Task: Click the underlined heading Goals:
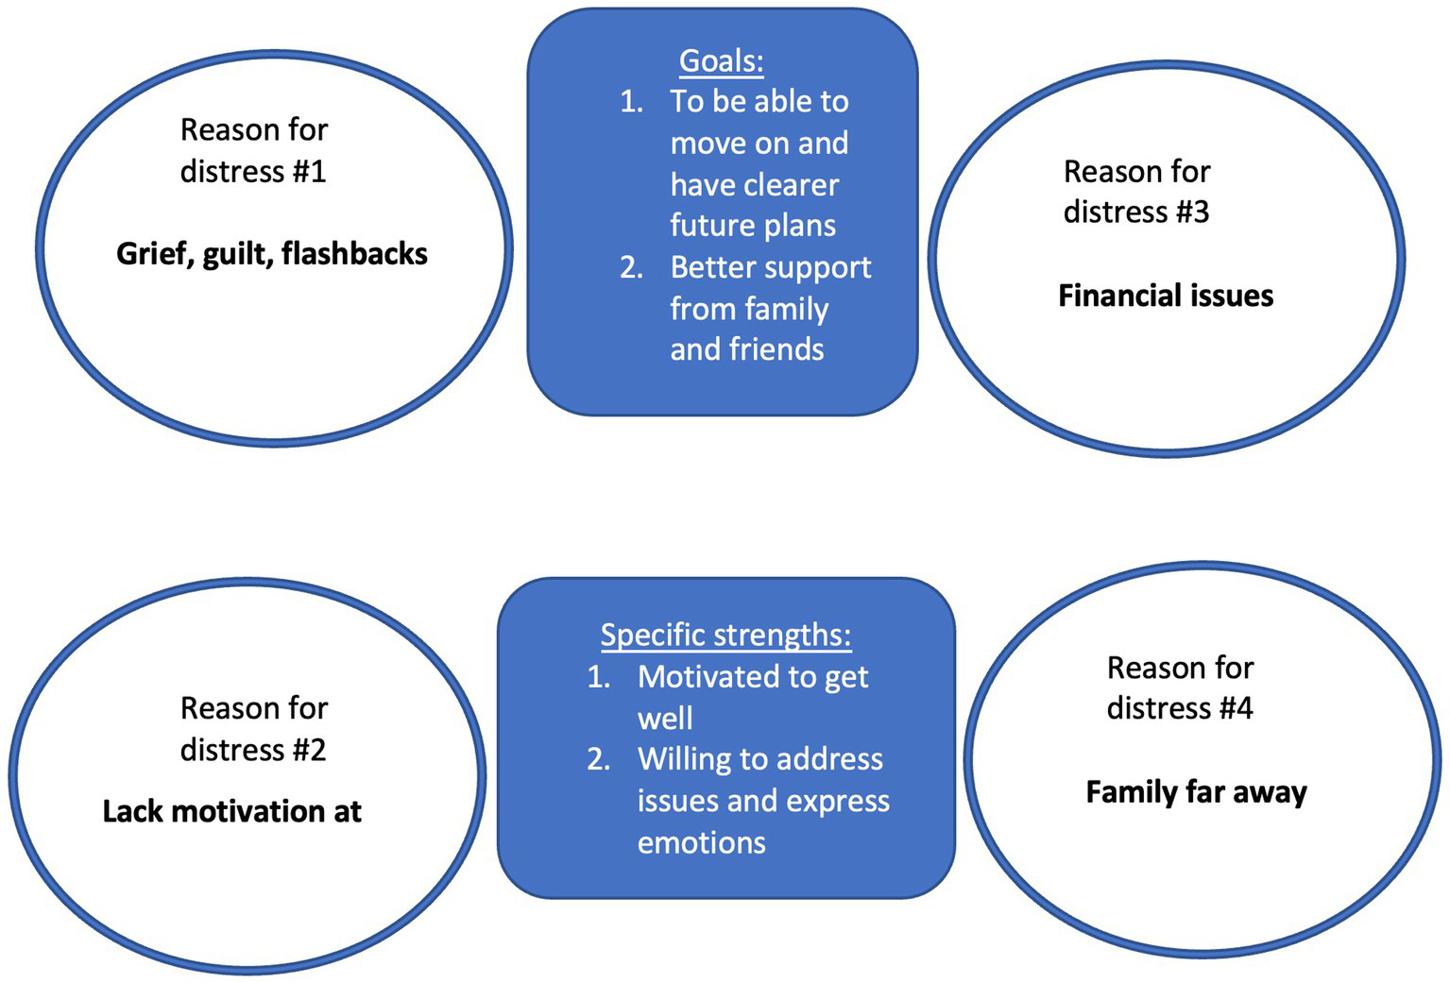[721, 61]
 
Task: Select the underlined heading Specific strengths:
[725, 635]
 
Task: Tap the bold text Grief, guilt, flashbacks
[271, 254]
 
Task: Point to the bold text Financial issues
[1165, 296]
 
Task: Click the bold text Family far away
[1196, 791]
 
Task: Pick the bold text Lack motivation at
[231, 811]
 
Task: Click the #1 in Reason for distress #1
[309, 172]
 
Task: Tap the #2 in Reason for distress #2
[309, 750]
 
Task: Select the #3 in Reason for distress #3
[1191, 212]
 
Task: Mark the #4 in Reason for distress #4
[1235, 708]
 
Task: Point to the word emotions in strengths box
[701, 842]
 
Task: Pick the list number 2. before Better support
[631, 268]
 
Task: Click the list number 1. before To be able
[631, 102]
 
